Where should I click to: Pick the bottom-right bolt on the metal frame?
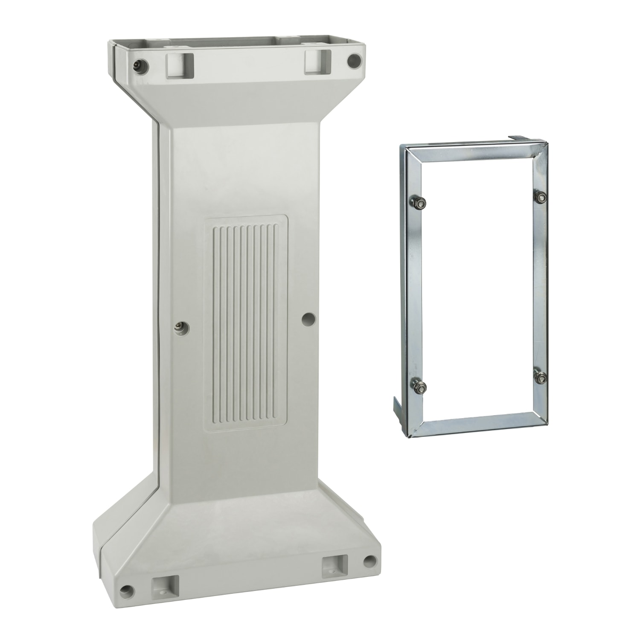[541, 378]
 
